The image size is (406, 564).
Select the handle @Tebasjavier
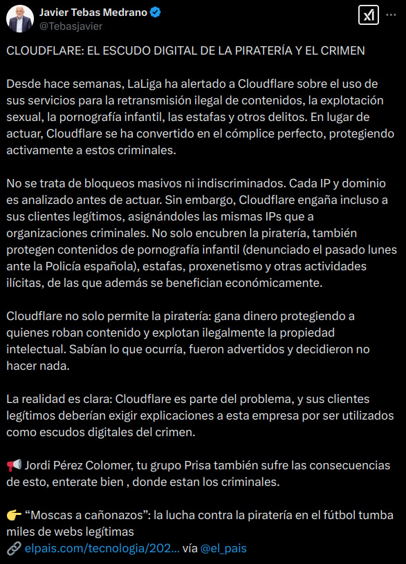tap(71, 26)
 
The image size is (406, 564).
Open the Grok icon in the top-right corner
tap(367, 16)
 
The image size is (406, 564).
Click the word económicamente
tap(252, 283)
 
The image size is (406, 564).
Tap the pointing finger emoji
tap(14, 516)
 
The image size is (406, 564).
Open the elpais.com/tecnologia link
tap(102, 548)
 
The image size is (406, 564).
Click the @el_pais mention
tap(223, 548)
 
